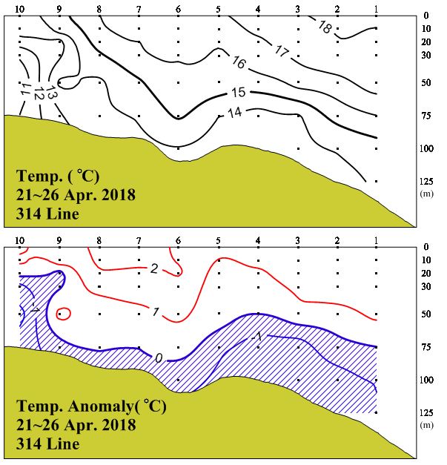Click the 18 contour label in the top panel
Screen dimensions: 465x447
324,27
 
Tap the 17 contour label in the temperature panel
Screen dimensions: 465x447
280,51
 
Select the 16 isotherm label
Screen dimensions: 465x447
239,62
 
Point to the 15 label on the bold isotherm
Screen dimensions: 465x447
238,92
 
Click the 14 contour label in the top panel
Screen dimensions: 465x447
234,113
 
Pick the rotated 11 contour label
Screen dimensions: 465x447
25,90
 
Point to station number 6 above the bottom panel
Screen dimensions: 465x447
178,240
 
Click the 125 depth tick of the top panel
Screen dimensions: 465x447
426,180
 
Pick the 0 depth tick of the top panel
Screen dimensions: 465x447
426,14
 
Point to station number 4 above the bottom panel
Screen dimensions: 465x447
257,240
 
